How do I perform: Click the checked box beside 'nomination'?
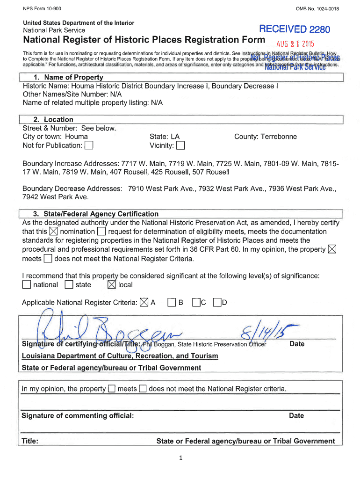53,232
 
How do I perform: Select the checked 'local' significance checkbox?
112,285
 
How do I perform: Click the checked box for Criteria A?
144,303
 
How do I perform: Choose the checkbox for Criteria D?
217,303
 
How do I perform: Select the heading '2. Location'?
53,119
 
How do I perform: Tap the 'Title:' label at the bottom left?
30,441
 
